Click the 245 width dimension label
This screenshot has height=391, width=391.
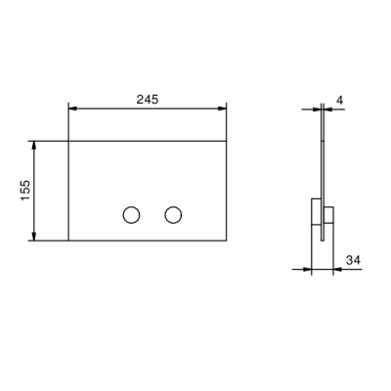pos(148,100)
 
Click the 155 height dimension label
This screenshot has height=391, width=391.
pos(25,191)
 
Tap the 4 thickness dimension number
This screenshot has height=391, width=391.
pos(339,101)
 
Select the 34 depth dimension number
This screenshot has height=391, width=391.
pos(353,260)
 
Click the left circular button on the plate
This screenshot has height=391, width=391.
pos(131,215)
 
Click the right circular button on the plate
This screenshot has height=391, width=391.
pos(173,215)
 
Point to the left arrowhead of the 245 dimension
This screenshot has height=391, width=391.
pos(72,109)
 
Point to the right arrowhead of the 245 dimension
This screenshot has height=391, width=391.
pos(222,109)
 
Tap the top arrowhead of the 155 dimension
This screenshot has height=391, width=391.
pos(34,146)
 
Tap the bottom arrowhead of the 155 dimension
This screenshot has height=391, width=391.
pos(34,237)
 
